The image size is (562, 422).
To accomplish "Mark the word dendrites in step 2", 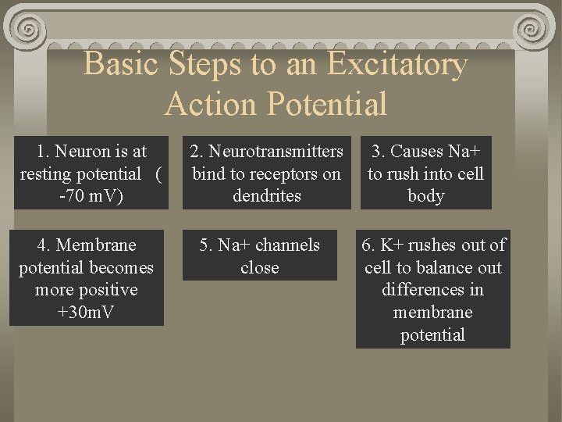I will coord(267,195).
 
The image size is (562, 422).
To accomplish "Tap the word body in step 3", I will coord(425,195).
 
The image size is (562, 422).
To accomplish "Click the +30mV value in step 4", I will coord(87,312).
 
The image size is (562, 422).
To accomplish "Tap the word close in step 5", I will coord(260,267).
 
